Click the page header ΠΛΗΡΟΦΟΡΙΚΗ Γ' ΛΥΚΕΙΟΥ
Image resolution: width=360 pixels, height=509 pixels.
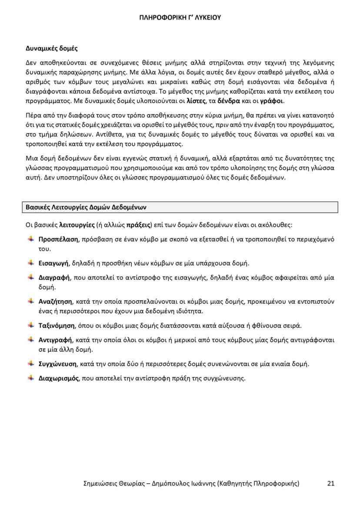tap(180, 18)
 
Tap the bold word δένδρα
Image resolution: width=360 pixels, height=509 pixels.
tap(229, 101)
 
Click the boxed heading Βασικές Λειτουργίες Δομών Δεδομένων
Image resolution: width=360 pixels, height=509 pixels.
tap(89, 207)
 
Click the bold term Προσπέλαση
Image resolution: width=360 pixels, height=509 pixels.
tap(58, 239)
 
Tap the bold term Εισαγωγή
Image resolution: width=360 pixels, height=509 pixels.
tap(53, 263)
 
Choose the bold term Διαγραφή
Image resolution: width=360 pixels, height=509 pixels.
tap(54, 277)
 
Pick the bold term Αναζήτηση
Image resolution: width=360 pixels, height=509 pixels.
tap(55, 301)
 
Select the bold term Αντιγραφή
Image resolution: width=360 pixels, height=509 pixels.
tap(54, 339)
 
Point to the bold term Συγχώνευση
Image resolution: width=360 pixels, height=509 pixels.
tap(57, 363)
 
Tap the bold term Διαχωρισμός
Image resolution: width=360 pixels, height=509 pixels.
tap(59, 378)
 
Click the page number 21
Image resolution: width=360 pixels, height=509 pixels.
tap(331, 483)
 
